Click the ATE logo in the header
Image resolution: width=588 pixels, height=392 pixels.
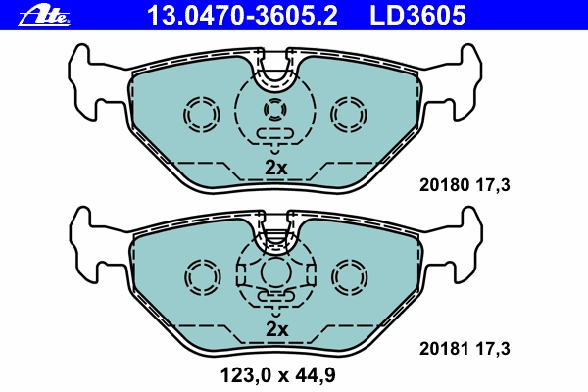click(44, 16)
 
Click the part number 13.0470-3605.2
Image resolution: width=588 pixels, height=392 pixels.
click(242, 15)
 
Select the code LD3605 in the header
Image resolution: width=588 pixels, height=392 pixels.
click(417, 15)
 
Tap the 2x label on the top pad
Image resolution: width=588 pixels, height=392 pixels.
click(276, 168)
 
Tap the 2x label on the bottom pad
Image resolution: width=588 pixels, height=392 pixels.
click(276, 329)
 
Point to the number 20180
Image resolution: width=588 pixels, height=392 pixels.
click(444, 185)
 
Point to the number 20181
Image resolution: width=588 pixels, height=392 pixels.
click(444, 349)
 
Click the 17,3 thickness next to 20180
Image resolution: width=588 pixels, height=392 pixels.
click(493, 185)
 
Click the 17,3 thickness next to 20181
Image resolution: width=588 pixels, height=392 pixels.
click(493, 349)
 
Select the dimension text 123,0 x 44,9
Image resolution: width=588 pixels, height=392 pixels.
click(278, 375)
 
